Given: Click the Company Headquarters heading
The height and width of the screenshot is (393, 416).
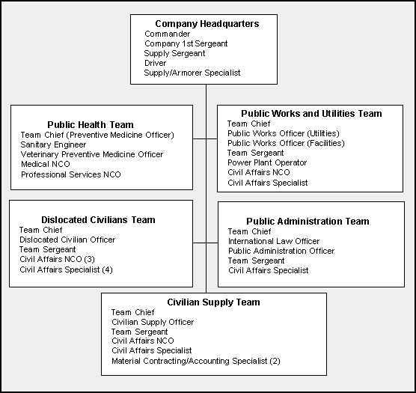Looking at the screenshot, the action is tap(207, 24).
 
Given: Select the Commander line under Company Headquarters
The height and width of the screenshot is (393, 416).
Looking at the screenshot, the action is tap(167, 34).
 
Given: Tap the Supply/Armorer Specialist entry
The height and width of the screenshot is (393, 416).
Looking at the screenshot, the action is tap(192, 73).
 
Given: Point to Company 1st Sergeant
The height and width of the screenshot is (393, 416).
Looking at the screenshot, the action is tap(186, 43).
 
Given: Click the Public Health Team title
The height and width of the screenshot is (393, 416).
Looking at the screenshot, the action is tap(91, 125).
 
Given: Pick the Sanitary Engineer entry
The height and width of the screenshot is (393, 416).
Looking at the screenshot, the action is tap(53, 145).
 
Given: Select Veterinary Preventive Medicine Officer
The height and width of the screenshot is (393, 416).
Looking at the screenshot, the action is tap(92, 154).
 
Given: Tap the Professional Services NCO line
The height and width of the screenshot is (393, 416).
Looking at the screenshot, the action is tap(71, 174).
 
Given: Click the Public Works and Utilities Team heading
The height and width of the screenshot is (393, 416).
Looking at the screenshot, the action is tap(311, 114).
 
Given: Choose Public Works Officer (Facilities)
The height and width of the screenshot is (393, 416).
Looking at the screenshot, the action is tap(286, 143).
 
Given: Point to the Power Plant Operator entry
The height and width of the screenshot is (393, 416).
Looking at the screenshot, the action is tap(267, 162).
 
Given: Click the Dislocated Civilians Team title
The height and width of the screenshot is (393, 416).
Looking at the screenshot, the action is tap(98, 220).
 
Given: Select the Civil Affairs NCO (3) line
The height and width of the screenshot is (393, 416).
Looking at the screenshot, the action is tap(57, 259).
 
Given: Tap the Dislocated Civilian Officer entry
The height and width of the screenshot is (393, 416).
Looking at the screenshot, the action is tap(67, 240).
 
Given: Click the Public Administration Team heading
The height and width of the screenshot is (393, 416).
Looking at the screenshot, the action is tap(308, 222).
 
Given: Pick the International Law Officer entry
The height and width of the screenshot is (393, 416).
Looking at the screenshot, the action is tap(274, 241).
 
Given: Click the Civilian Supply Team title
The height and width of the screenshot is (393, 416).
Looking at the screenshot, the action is tap(213, 302).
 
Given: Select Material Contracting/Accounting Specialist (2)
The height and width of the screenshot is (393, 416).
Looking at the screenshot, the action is tap(196, 361).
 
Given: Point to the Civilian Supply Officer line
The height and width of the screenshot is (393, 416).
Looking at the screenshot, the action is tap(153, 322).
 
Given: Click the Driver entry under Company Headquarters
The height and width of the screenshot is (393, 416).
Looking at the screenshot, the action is tap(155, 63).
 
